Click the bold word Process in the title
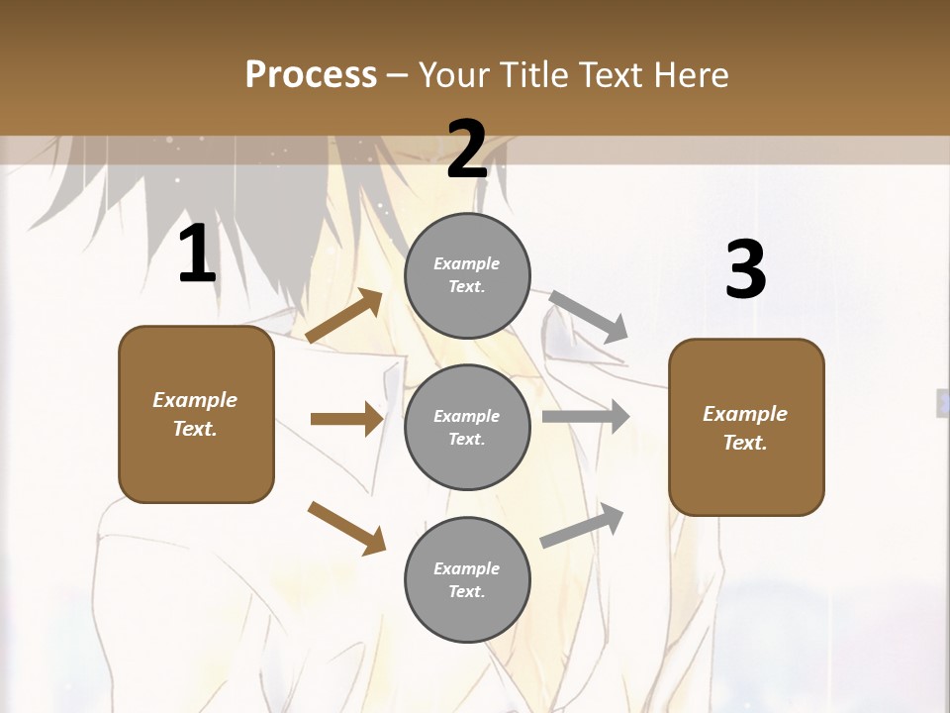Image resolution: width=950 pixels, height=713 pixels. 311,75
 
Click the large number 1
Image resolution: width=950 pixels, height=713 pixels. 197,255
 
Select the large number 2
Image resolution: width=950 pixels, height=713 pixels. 467,150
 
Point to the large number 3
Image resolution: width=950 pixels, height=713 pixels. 745,270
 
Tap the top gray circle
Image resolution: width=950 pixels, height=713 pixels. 467,275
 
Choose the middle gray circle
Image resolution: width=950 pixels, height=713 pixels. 467,428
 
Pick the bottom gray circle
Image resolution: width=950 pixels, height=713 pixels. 467,580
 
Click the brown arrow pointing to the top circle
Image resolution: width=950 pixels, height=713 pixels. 344,316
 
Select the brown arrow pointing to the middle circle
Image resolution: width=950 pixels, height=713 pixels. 346,419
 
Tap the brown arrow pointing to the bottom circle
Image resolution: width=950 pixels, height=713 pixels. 346,528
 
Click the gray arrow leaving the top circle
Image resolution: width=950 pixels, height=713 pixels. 590,316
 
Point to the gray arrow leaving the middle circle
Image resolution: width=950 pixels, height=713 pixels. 586,417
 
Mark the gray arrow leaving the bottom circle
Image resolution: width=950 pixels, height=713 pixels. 583,526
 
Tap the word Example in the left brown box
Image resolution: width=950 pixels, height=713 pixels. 195,400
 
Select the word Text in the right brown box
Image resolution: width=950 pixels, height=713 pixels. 743,443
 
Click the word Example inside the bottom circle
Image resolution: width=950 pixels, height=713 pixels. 467,568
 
